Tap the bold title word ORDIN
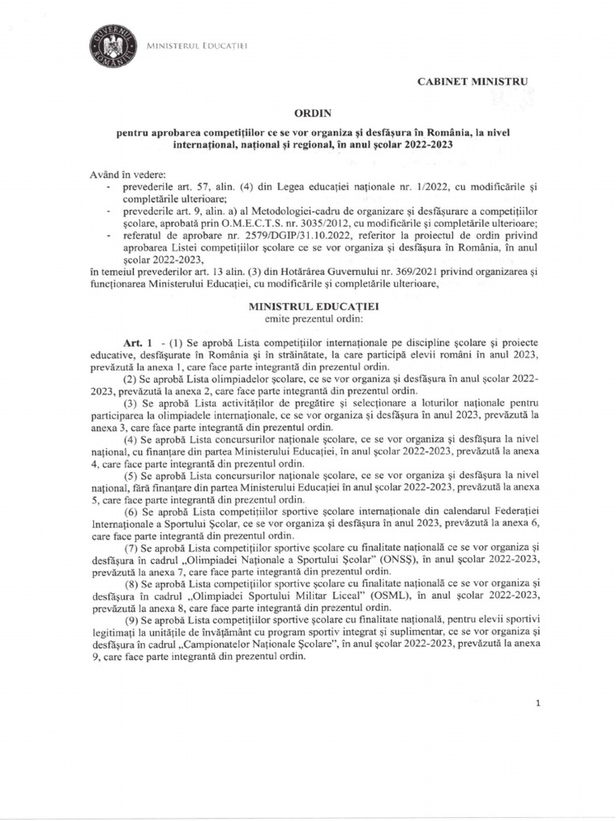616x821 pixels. pos(307,114)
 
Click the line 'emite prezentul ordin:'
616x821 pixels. pos(307,319)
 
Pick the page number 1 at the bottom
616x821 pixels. pos(538,703)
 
